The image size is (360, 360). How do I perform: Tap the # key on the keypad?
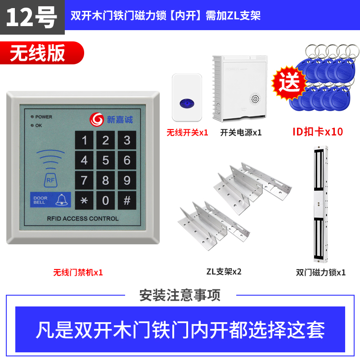coord(127,200)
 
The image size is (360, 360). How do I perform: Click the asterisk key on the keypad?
coord(84,200)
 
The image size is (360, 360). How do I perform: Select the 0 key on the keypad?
coord(105,200)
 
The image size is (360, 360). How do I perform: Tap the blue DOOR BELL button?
coord(50,200)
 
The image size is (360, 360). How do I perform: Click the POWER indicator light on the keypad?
coord(32,117)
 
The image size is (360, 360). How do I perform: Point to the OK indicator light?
coord(32,126)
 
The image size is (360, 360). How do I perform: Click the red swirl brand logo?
coord(96,119)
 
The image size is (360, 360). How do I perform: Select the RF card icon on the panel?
coord(50,180)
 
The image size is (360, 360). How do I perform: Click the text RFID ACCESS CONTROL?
coord(83,219)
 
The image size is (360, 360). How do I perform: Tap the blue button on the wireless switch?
coord(187,103)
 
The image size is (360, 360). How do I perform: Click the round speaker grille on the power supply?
coord(255,99)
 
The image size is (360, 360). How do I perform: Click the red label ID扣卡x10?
coord(318,132)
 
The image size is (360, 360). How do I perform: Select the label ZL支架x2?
coord(224,272)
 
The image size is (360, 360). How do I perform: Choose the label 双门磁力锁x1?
coord(321,272)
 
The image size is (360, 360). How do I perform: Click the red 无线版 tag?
coord(42,53)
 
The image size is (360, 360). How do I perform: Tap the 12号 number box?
coord(32,17)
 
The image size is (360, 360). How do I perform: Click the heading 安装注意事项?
coord(180,295)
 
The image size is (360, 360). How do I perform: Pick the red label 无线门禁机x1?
coord(78,272)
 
